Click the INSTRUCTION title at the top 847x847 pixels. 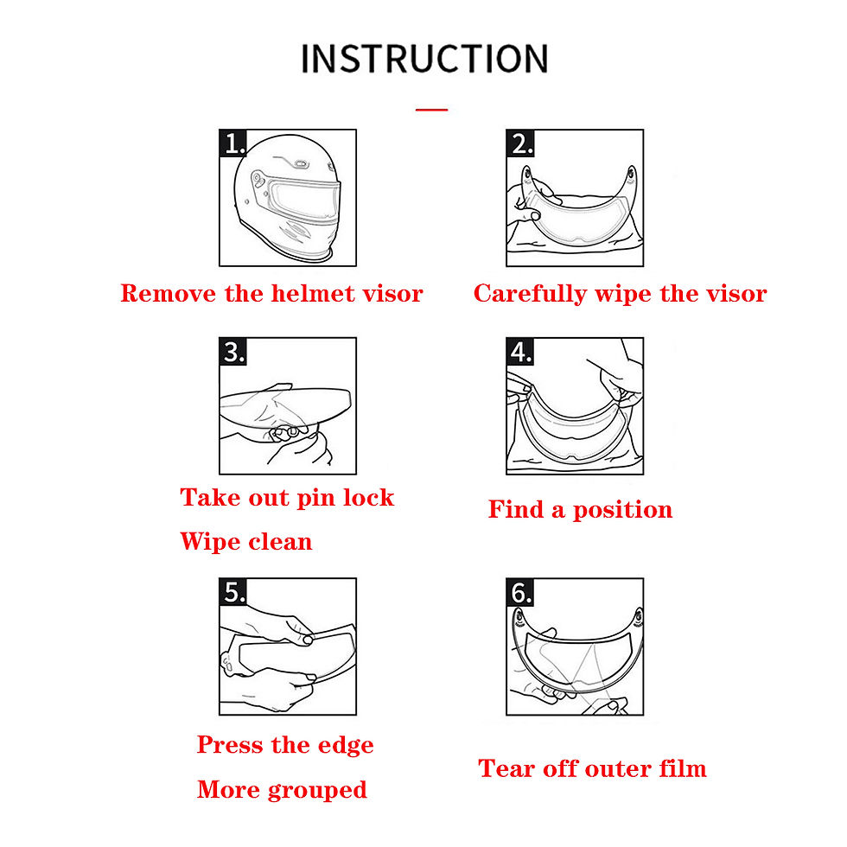(x=424, y=59)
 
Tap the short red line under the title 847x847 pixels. (x=431, y=110)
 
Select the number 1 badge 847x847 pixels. (x=232, y=143)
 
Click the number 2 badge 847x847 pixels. (x=520, y=143)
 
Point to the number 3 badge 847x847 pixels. (x=232, y=352)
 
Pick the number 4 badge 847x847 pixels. (x=520, y=352)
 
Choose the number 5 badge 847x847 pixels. (x=232, y=592)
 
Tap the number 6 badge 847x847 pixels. (x=520, y=592)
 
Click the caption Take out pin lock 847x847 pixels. (x=287, y=498)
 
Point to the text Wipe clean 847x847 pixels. (x=246, y=541)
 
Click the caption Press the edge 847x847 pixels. (x=285, y=745)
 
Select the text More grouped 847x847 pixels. (x=282, y=790)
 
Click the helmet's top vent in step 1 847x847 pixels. (x=301, y=162)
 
